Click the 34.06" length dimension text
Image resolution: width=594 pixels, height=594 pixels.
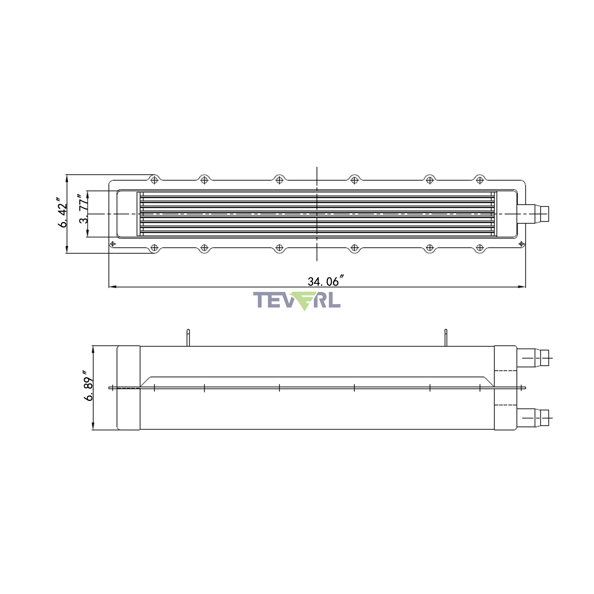(x=326, y=281)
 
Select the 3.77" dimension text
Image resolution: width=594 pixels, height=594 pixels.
(x=83, y=209)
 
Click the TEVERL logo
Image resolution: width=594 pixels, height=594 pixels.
(x=297, y=301)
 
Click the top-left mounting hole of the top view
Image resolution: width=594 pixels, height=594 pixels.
(x=154, y=180)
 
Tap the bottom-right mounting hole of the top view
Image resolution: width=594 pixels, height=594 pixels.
(x=480, y=247)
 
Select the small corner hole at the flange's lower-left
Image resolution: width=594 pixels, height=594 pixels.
(x=113, y=244)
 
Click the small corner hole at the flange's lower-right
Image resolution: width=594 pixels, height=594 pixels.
(x=522, y=244)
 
